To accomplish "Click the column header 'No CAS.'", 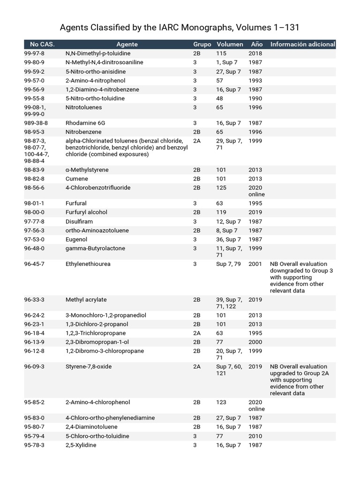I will pos(42,45).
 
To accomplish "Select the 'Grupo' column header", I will pos(202,45).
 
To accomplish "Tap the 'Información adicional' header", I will pos(302,45).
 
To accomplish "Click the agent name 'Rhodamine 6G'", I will pos(83,123).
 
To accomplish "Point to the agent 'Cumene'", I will pos(75,179).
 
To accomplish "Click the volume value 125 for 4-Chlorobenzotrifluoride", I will pos(221,187).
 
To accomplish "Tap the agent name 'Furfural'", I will pos(76,203).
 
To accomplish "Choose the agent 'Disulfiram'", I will pos(79,221).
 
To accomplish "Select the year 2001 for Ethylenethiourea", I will pos(255,264).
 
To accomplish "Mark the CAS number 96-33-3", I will pos(34,300).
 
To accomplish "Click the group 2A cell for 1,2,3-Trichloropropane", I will pos(196,333).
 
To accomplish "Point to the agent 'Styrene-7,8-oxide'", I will pos(89,367).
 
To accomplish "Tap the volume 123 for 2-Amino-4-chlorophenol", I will pos(221,402).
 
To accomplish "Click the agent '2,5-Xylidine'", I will pos(81,445).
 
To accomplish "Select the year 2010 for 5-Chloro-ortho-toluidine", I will pos(255,436).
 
